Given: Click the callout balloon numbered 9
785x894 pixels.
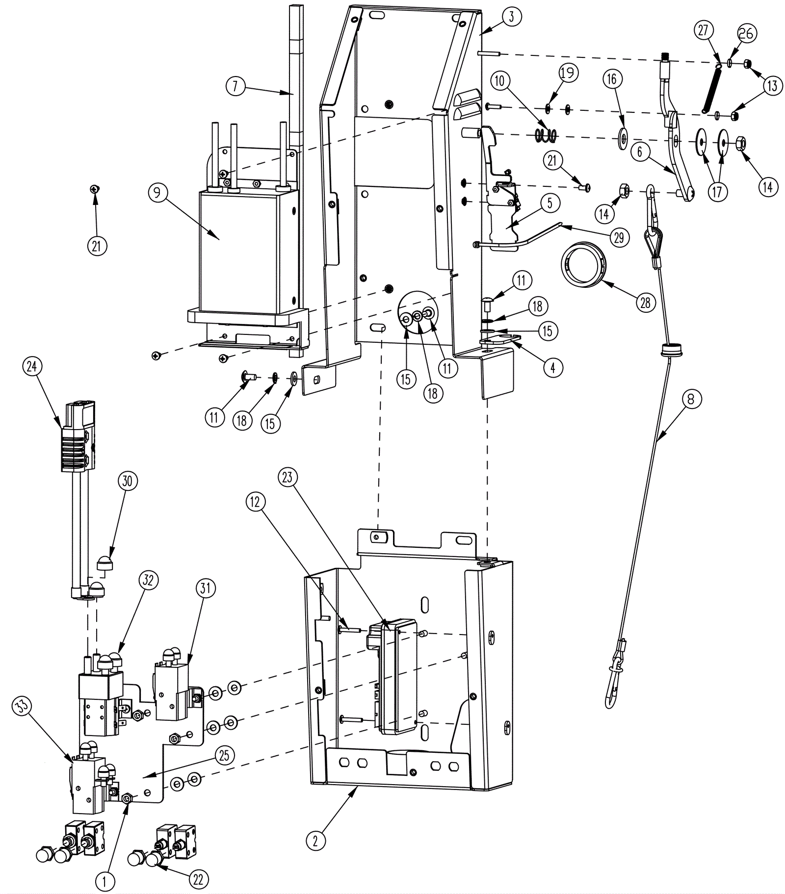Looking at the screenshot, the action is pos(157,192).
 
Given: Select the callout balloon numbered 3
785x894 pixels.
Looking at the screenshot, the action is pos(511,17).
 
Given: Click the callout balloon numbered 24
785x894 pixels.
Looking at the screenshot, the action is pos(32,366).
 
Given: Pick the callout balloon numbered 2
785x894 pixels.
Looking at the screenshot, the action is pos(315,841).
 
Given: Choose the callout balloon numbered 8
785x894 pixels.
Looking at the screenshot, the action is pos(691,400).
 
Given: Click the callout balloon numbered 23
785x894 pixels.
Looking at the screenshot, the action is pos(288,477).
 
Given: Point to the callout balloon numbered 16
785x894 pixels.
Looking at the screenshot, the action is pos(612,79).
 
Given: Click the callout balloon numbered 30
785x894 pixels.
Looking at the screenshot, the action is pos(127,481).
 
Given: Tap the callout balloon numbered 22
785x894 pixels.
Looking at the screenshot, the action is pos(198,879).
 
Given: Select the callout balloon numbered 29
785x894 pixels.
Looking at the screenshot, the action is pos(619,238).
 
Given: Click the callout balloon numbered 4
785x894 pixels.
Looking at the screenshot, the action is pos(553,367).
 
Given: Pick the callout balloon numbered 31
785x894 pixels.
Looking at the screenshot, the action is pos(206,587).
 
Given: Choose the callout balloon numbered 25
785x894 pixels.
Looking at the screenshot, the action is pos(224,755).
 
